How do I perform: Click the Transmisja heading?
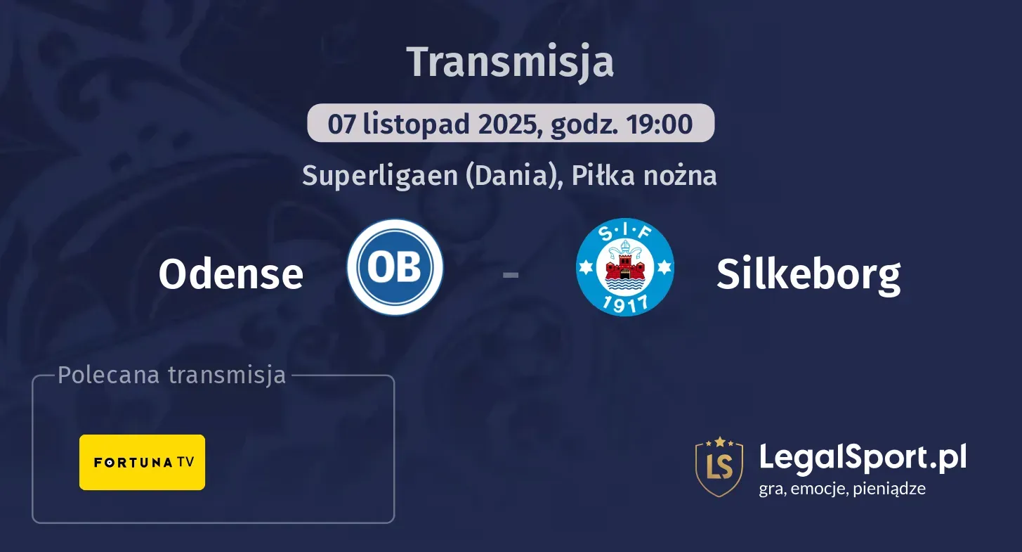click(511, 62)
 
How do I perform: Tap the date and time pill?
click(511, 124)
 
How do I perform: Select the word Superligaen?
click(379, 175)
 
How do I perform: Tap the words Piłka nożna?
click(644, 175)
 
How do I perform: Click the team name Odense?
click(230, 274)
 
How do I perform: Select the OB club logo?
click(395, 267)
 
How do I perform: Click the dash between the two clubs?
click(511, 274)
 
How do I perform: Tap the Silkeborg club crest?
click(624, 267)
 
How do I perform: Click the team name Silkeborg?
click(808, 274)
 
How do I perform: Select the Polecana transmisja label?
click(171, 375)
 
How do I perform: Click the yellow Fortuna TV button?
click(142, 462)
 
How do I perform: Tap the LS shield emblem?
click(719, 466)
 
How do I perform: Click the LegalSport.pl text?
click(863, 458)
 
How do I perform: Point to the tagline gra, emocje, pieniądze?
click(841, 489)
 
